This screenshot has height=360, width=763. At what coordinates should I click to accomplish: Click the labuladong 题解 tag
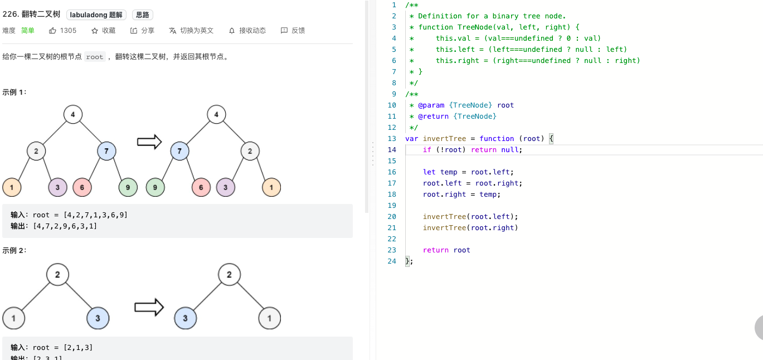(96, 14)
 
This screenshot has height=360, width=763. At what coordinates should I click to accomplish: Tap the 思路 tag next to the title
(142, 14)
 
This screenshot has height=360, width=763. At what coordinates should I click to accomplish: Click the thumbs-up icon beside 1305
(52, 31)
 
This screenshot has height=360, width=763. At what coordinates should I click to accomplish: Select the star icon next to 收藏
(95, 31)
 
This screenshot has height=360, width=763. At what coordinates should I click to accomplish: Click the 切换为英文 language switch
(191, 31)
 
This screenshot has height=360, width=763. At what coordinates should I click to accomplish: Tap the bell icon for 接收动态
(232, 31)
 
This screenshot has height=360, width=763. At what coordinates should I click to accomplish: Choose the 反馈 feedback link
(293, 31)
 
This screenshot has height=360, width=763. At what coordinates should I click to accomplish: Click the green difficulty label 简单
(28, 31)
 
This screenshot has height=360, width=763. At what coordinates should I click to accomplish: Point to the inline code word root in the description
(94, 57)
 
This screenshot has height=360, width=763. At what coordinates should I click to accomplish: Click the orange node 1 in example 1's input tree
(12, 187)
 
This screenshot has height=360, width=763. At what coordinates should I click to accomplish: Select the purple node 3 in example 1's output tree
(226, 187)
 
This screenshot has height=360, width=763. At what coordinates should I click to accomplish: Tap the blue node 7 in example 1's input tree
(106, 151)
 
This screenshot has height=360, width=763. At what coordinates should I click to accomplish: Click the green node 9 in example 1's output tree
(155, 187)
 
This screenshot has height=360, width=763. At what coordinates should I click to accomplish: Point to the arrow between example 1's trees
(149, 142)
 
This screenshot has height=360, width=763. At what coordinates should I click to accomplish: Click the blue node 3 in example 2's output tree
(185, 318)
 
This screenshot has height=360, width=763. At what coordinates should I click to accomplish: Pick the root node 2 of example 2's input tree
(57, 275)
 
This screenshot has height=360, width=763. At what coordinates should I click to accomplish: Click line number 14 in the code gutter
(392, 150)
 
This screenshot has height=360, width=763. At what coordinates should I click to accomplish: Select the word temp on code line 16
(449, 172)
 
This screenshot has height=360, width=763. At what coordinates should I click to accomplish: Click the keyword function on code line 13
(497, 139)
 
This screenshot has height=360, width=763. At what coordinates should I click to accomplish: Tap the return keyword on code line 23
(436, 250)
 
